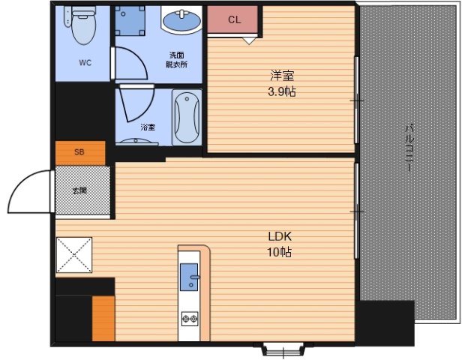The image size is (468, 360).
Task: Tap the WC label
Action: click(x=85, y=63)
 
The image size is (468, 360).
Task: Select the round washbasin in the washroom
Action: click(x=181, y=20)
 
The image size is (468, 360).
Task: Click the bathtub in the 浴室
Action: click(x=187, y=117)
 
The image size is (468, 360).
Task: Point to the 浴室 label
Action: click(x=148, y=127)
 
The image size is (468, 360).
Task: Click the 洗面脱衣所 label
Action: click(x=177, y=60)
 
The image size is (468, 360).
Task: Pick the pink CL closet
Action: click(x=232, y=19)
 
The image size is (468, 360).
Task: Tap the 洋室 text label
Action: click(x=282, y=76)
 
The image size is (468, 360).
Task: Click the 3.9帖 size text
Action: click(x=282, y=92)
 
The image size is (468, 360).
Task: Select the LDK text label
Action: click(x=280, y=236)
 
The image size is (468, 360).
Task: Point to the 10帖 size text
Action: click(x=279, y=252)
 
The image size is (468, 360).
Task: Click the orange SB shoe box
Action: click(x=80, y=153)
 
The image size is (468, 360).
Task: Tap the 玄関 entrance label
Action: click(x=80, y=190)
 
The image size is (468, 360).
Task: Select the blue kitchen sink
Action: click(x=189, y=277)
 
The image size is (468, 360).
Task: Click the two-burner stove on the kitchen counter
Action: click(x=190, y=319)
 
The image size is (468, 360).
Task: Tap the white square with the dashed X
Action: click(x=74, y=255)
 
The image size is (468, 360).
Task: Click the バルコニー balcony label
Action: click(x=409, y=148)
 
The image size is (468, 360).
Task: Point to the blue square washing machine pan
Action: click(x=130, y=20)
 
